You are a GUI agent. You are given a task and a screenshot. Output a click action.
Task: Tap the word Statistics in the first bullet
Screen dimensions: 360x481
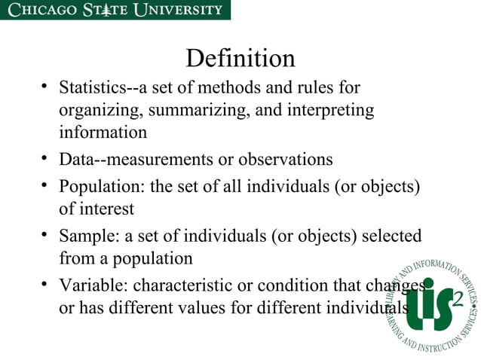coord(89,87)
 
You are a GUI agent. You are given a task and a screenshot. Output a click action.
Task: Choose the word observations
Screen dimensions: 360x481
coord(286,160)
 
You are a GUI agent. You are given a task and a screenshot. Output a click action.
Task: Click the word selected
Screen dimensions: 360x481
coord(392,236)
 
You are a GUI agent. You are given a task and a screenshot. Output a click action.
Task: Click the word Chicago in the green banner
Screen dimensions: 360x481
coord(41,10)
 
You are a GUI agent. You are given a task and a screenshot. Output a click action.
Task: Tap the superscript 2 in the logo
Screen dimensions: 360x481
coord(458,300)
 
